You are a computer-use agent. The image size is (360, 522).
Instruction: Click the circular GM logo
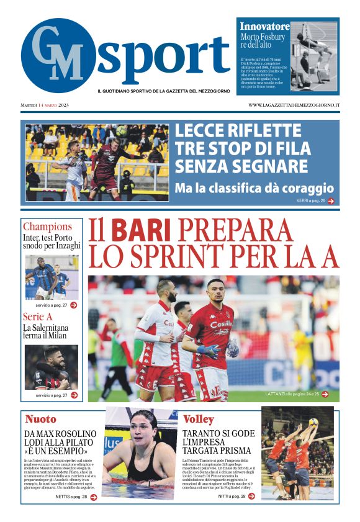click(x=58, y=56)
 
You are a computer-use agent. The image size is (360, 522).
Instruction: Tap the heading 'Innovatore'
click(x=264, y=27)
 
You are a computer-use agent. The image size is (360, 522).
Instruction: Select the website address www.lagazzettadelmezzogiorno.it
click(x=294, y=106)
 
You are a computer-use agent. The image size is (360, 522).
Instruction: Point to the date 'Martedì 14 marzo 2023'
click(x=45, y=106)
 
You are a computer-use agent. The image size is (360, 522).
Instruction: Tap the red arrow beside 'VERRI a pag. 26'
click(x=331, y=200)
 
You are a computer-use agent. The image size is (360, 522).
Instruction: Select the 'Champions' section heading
click(x=47, y=227)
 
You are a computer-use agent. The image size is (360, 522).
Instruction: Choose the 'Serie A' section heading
click(x=37, y=317)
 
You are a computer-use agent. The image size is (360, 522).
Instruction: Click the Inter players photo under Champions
click(x=52, y=277)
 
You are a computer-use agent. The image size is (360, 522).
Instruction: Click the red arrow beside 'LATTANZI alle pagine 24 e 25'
click(x=325, y=394)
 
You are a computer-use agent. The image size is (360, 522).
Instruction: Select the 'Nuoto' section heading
click(x=40, y=418)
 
